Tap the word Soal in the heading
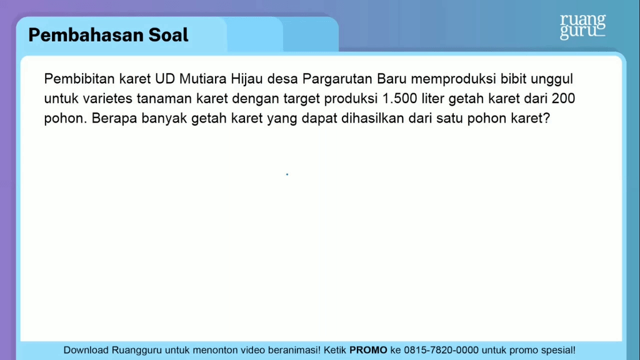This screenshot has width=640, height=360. [168, 35]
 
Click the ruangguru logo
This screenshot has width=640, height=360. [582, 27]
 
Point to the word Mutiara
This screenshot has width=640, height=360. [203, 78]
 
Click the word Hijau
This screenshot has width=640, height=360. [246, 79]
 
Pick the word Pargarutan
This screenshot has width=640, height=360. [337, 79]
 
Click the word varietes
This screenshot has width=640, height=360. [107, 98]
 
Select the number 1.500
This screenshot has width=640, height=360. [399, 98]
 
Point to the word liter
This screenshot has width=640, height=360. [432, 98]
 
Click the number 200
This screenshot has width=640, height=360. [563, 98]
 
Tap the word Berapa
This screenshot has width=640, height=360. [114, 119]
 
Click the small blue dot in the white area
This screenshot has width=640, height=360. [287, 174]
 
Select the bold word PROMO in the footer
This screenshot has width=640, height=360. [368, 350]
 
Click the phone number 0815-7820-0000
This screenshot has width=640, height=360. [441, 350]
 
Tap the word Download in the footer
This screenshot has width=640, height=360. [86, 350]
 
